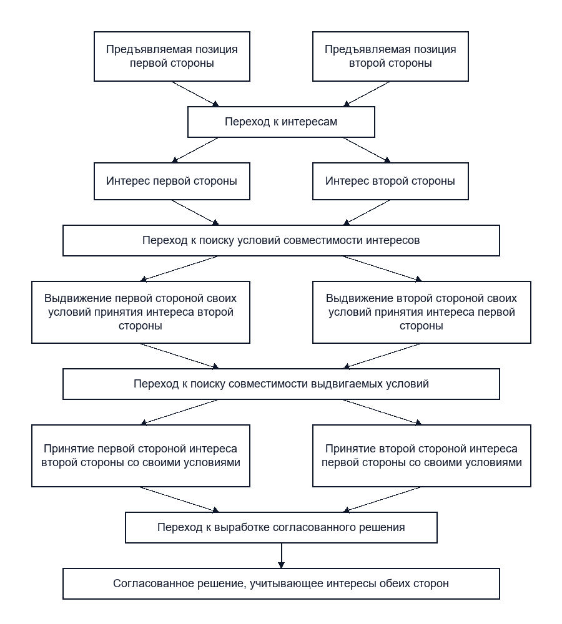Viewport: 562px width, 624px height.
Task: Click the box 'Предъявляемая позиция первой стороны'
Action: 172,57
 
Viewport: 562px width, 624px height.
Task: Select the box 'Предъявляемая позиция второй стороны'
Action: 390,57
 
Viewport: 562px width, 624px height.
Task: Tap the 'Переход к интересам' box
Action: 281,122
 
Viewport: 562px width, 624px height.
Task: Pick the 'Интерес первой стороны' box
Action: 172,181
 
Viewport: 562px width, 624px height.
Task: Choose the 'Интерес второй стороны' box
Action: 390,181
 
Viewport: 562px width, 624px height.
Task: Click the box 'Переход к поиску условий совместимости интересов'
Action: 281,240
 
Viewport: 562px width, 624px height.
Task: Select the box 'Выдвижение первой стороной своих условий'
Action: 140,312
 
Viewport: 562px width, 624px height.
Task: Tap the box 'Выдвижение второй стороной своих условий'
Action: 421,312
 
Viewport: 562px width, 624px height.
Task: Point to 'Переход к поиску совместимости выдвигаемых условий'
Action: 281,384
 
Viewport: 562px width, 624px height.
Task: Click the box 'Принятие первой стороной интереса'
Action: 140,456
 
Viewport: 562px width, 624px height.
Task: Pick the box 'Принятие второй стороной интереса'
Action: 421,456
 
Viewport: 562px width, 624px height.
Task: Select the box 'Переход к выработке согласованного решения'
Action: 281,527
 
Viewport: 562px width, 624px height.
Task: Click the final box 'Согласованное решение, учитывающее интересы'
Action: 281,583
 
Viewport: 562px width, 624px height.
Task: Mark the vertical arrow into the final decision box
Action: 281,555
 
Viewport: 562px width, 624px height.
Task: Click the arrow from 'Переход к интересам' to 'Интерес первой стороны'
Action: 195,150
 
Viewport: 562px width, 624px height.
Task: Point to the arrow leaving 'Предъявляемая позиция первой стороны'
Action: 195,94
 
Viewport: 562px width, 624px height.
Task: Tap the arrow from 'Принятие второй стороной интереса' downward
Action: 382,499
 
